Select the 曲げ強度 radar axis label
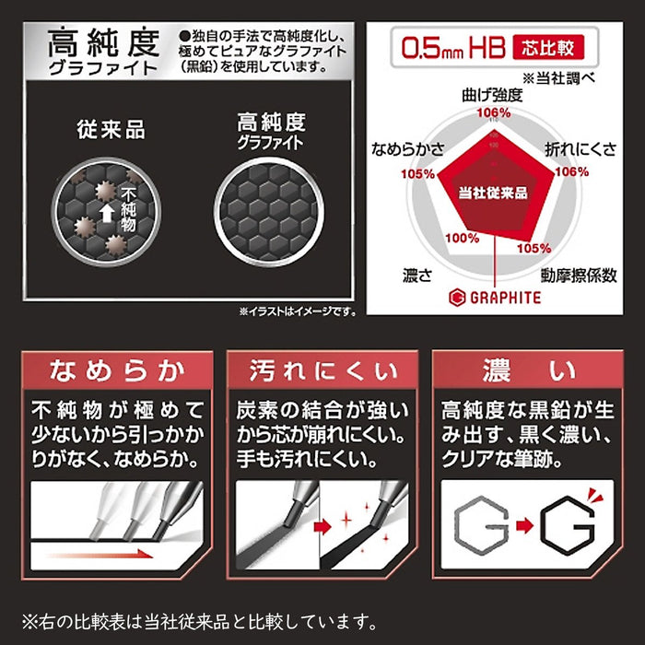tap(495, 95)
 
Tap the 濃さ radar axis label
tap(417, 274)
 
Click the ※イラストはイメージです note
tap(297, 311)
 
